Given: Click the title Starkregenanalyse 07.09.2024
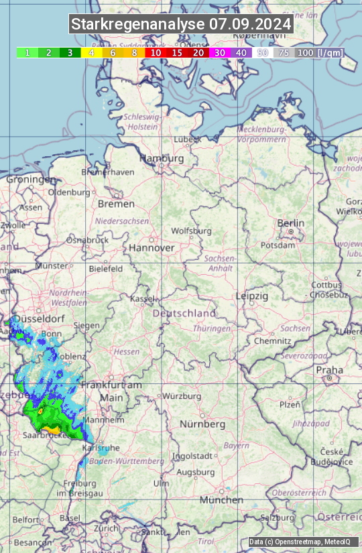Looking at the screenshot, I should [181, 25].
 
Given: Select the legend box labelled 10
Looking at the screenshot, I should [156, 52].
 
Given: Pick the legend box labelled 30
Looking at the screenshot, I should [220, 52].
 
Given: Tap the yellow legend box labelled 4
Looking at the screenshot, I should [91, 52].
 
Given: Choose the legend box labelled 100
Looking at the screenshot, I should [305, 52].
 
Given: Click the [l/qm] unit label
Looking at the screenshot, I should [329, 52].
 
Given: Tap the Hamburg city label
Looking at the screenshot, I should [162, 158].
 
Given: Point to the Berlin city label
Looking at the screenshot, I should [291, 223].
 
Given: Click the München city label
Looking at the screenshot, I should [221, 500].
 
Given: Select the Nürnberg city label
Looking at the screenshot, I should [202, 424].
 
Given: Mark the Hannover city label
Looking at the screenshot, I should [152, 247].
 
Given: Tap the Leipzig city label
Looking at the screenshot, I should [252, 296].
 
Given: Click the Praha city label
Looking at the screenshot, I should [329, 370].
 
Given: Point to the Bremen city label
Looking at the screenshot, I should [116, 203].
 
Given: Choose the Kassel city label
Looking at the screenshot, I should [142, 298].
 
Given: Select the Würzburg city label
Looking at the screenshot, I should [182, 396].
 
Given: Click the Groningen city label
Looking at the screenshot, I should [32, 180].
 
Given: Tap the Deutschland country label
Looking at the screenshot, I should [184, 313].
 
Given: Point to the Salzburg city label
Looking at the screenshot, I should [277, 517].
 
